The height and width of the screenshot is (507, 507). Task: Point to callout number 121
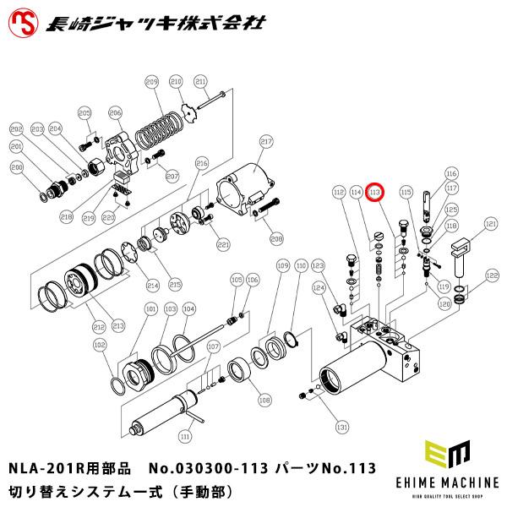click(491, 225)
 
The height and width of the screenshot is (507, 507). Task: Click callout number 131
click(342, 426)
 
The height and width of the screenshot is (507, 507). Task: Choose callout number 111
click(185, 436)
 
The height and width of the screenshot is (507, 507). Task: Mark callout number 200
click(16, 168)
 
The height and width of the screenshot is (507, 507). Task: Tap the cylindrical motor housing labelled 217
click(248, 189)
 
